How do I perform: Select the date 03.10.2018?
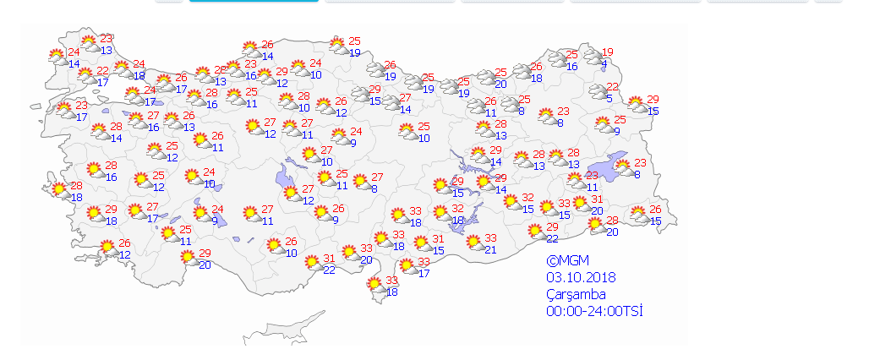581,277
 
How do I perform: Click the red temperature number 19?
607,52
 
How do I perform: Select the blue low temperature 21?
490,248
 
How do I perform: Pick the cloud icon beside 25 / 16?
557,59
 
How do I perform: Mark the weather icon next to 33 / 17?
407,266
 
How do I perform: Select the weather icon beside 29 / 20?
188,258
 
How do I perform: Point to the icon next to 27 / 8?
361,183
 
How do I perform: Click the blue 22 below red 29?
552,237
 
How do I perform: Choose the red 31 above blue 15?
438,239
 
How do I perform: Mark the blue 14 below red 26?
268,56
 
